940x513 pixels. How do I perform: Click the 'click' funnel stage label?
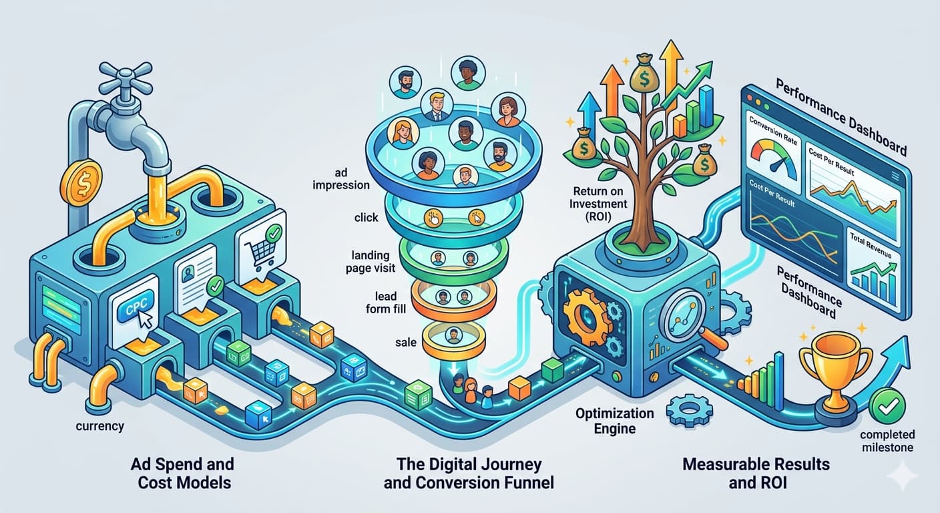click(x=367, y=217)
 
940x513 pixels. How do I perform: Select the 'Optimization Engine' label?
click(x=615, y=421)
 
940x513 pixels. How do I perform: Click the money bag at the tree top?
click(x=646, y=79)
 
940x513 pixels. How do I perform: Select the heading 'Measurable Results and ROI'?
click(x=756, y=472)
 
